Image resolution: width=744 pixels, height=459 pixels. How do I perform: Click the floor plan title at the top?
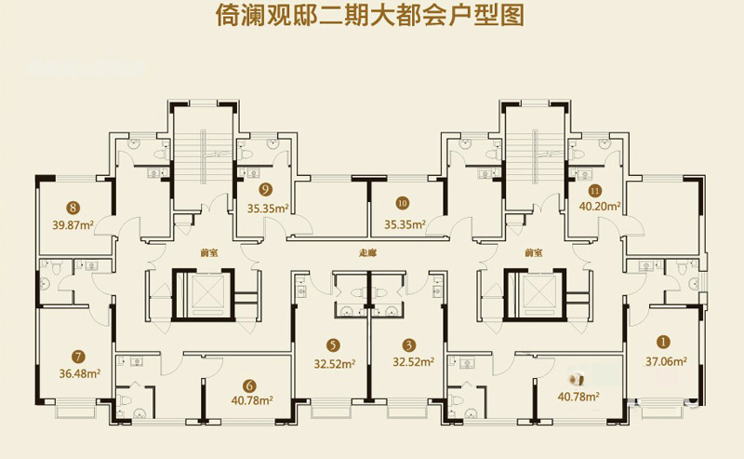(x=372, y=17)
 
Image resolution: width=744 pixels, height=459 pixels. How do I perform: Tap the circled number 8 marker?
(x=73, y=208)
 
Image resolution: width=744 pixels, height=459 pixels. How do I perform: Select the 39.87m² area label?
(x=76, y=224)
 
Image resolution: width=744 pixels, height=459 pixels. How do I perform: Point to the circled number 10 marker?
(x=403, y=202)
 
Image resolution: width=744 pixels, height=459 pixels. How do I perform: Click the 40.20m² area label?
(x=601, y=208)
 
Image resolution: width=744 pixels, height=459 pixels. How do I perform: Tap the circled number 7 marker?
(x=78, y=355)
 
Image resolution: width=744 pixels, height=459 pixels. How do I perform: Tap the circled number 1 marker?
(x=663, y=342)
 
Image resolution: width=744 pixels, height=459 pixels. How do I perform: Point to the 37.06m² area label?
(x=666, y=361)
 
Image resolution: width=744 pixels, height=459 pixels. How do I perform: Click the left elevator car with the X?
(x=209, y=292)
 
